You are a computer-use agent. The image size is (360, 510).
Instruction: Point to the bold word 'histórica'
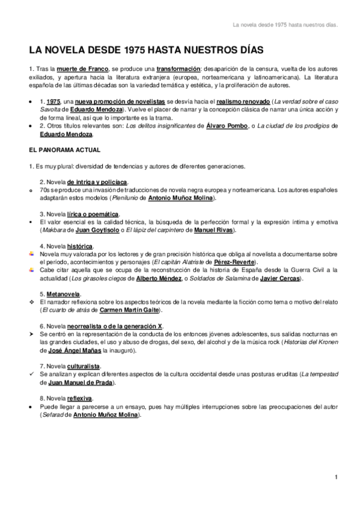[x=80, y=246]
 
